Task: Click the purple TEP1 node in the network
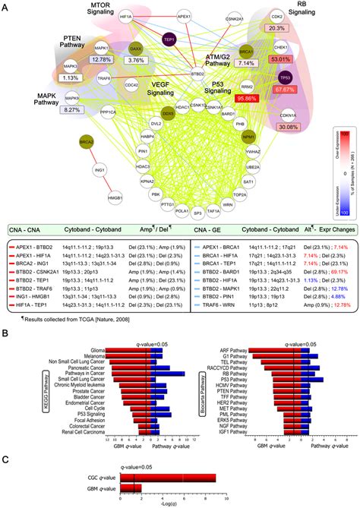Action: point(169,39)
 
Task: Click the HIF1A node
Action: point(147,14)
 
